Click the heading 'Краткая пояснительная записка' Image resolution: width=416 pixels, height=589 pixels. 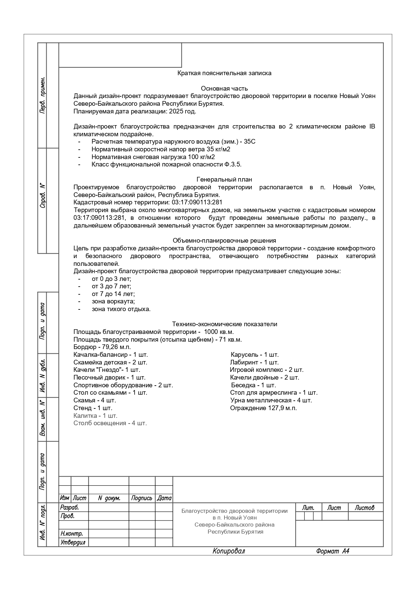(224, 73)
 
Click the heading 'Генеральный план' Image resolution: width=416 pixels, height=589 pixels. (224, 180)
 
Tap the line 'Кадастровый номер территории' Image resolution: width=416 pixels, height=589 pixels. (148, 202)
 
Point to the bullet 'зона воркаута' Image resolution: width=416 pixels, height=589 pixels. (113, 301)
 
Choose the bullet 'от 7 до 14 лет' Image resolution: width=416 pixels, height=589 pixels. (113, 294)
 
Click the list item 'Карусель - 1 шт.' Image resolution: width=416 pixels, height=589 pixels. (255, 355)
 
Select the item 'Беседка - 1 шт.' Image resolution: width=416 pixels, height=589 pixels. (253, 385)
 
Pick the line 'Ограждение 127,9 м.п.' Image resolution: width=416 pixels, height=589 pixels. (263, 408)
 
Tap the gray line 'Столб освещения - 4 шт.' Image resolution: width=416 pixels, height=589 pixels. (110, 423)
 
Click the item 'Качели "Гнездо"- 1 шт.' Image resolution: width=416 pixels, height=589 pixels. (107, 370)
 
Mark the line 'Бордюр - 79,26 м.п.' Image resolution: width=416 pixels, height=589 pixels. (102, 347)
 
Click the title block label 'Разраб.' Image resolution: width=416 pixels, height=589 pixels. (69, 507)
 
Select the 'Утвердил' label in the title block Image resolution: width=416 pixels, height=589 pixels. (72, 542)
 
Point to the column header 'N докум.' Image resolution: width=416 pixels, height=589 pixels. (109, 498)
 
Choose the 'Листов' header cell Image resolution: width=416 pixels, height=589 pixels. (364, 508)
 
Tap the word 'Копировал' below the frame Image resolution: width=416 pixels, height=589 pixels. (229, 551)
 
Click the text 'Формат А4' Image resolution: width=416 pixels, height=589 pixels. (332, 551)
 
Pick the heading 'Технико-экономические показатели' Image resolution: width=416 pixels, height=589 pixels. (224, 324)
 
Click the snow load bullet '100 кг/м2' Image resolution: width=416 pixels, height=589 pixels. (153, 157)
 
